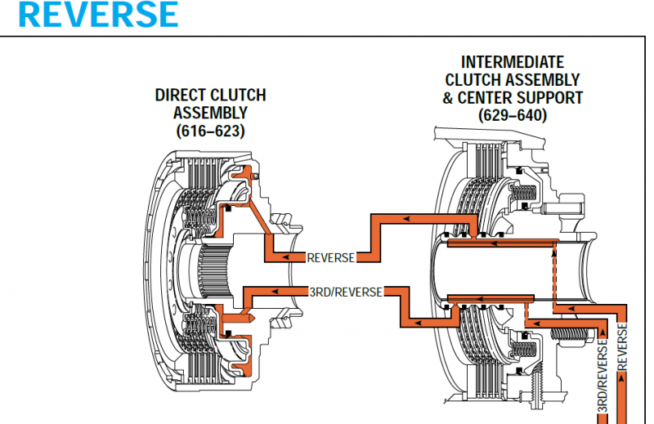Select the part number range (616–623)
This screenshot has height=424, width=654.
pyautogui.click(x=210, y=130)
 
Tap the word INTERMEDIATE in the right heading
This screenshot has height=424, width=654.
pyautogui.click(x=513, y=62)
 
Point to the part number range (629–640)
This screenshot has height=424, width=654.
pyautogui.click(x=513, y=115)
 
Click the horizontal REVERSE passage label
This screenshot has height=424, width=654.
pyautogui.click(x=330, y=257)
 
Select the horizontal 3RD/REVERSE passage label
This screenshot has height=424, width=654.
pyautogui.click(x=346, y=291)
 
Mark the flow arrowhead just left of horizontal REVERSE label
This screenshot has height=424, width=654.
pyautogui.click(x=286, y=257)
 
